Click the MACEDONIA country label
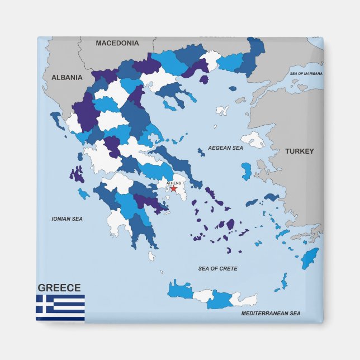pos(117,43)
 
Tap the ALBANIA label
pos(67,78)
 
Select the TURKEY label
pos(299,151)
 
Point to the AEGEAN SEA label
pos(225,148)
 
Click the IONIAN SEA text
pos(67,219)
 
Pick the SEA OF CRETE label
pos(217,269)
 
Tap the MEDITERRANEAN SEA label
pos(271,314)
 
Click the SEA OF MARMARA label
pos(306,74)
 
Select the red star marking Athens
pos(173,189)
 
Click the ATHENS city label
pos(173,183)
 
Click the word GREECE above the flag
pos(59,288)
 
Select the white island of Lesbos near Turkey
pos(254,139)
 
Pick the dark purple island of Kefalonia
pos(77,174)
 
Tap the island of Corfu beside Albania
pos(57,119)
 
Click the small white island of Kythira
pos(151,256)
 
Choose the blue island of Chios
pos(247,171)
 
